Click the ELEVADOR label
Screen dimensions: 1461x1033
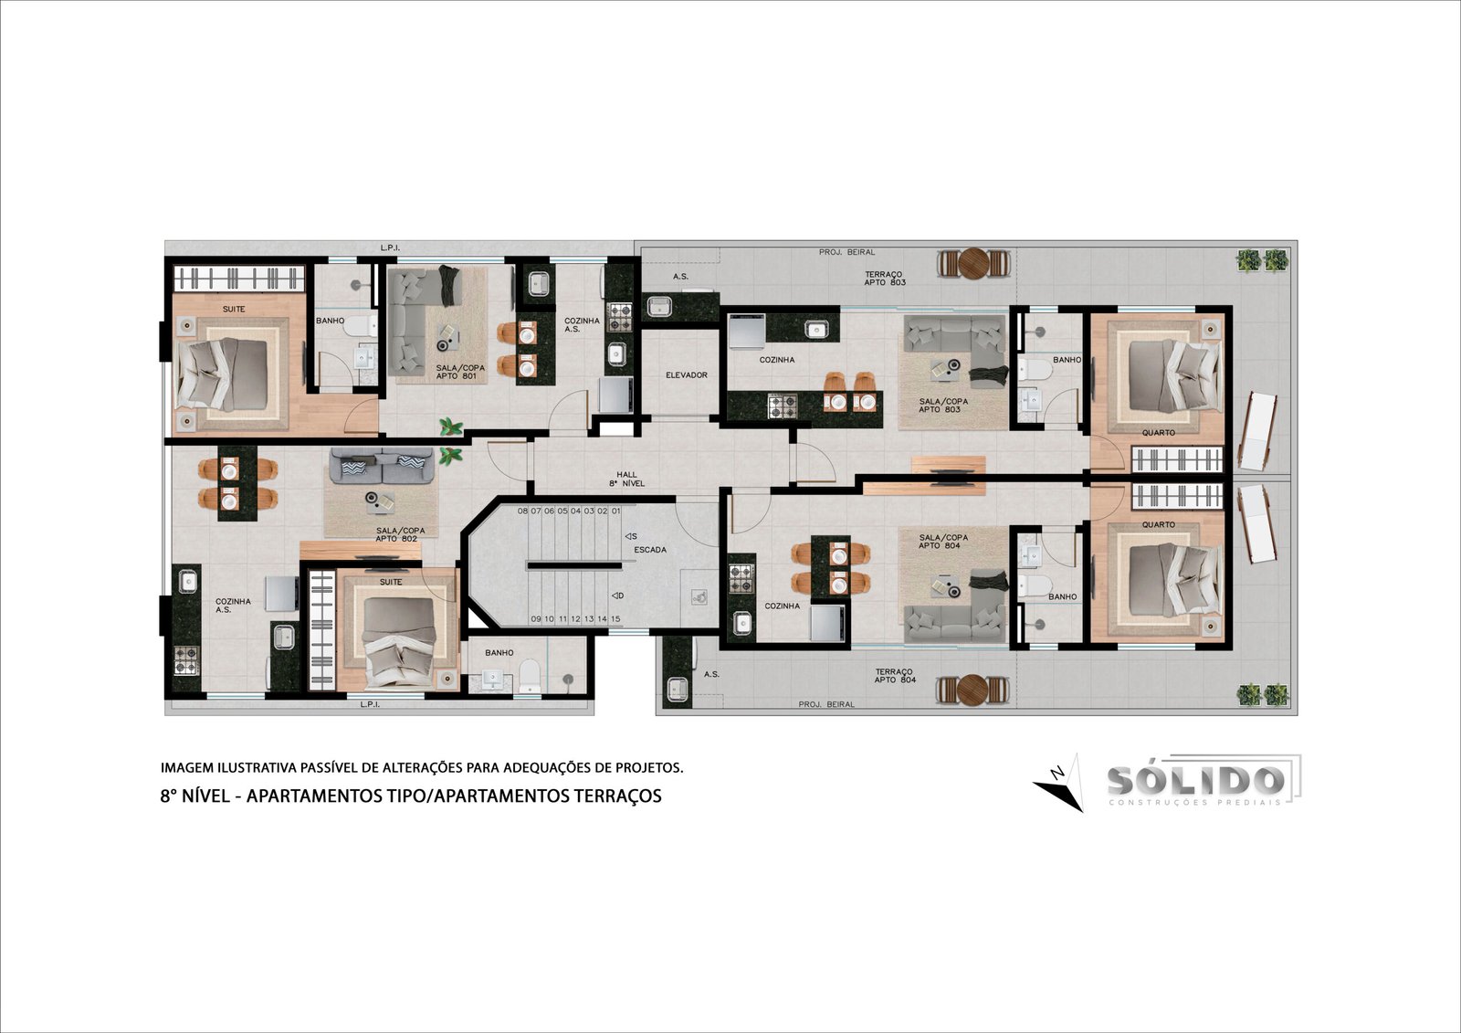point(686,375)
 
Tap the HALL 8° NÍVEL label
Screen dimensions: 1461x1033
point(626,479)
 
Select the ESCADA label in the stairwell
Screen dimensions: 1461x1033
point(650,550)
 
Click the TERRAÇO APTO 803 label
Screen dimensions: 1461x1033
point(885,279)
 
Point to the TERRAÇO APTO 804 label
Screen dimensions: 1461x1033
point(895,675)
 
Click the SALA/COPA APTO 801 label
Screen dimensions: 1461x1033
point(460,372)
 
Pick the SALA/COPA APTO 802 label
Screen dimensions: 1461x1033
point(400,534)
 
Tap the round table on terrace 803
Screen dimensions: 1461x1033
point(974,263)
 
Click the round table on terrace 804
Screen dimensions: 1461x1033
point(972,690)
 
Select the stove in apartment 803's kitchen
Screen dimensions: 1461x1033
point(782,406)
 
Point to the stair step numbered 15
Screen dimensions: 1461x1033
point(615,618)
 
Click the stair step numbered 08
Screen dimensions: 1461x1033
point(522,511)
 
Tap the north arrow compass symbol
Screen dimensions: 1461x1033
point(1058,783)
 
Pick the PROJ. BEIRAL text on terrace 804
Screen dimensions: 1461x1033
point(826,704)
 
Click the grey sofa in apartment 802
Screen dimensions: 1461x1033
point(382,465)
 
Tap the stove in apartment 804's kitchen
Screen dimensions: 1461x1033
point(741,579)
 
